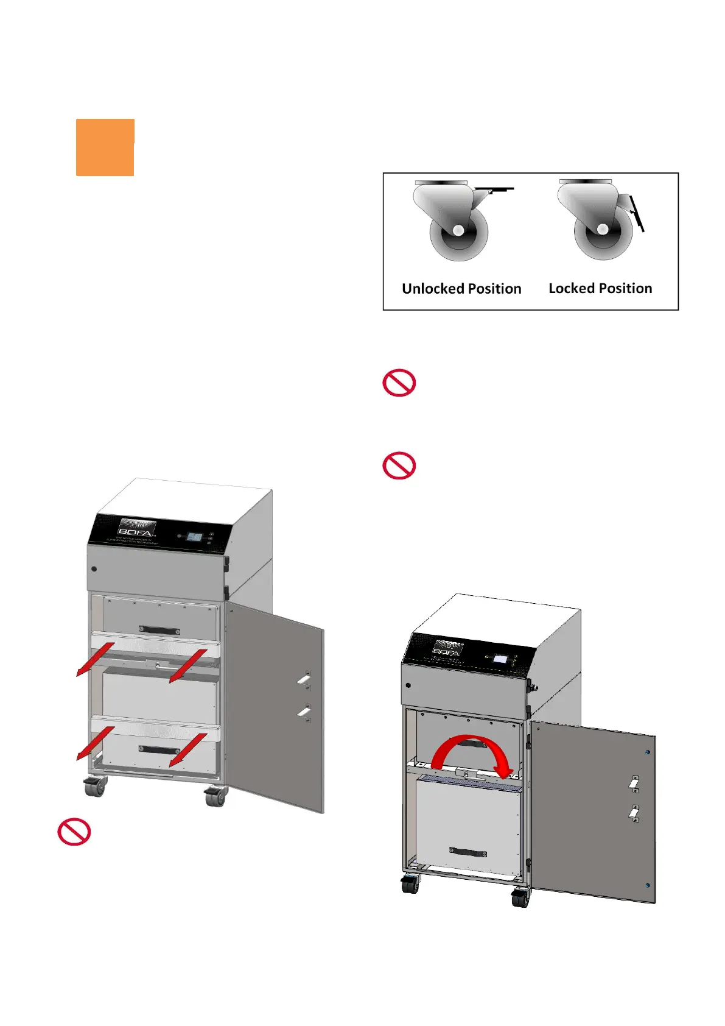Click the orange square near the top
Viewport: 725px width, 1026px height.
click(x=105, y=147)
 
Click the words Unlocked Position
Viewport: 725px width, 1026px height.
click(x=461, y=289)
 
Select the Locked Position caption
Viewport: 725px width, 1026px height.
click(x=600, y=288)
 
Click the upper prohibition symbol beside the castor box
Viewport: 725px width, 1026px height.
click(x=399, y=383)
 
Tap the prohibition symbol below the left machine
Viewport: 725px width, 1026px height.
click(x=74, y=832)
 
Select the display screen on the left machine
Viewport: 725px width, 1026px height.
click(x=195, y=537)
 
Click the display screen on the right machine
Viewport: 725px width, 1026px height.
click(x=500, y=659)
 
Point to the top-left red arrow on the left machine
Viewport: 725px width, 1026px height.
click(x=95, y=659)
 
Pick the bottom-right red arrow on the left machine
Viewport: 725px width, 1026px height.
click(x=188, y=750)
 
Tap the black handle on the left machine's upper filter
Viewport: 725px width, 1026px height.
click(x=159, y=631)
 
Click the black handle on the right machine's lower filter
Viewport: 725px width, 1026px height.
click(x=468, y=852)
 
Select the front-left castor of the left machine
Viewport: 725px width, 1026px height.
click(x=95, y=787)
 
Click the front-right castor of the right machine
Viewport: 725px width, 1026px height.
click(x=521, y=897)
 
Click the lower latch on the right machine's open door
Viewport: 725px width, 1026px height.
click(x=634, y=813)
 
